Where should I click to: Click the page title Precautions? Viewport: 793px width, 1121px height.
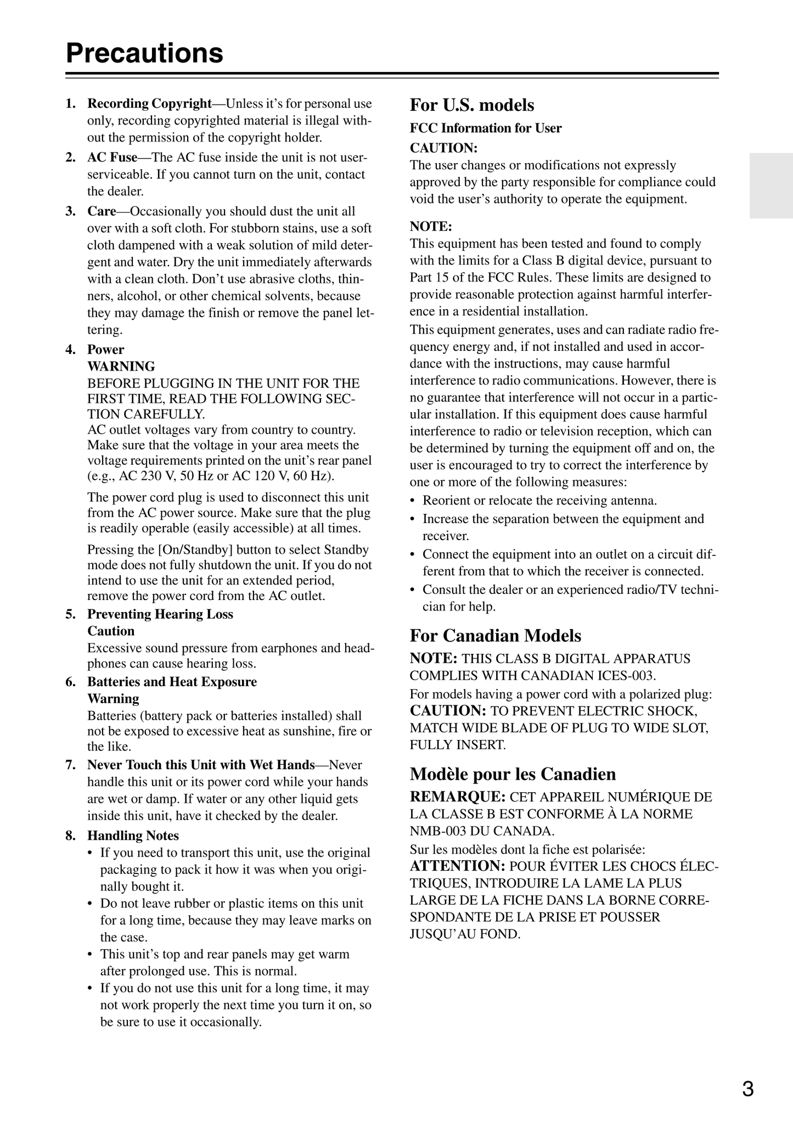pyautogui.click(x=144, y=53)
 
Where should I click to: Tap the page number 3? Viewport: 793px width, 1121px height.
pyautogui.click(x=747, y=1089)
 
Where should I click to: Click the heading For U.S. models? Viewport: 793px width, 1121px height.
pyautogui.click(x=471, y=105)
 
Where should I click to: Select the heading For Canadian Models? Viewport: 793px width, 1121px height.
pyautogui.click(x=495, y=635)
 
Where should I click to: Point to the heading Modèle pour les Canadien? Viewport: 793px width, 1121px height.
pyautogui.click(x=513, y=774)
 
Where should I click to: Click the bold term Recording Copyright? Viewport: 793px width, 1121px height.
pyautogui.click(x=149, y=104)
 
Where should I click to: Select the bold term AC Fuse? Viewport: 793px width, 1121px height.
pyautogui.click(x=112, y=158)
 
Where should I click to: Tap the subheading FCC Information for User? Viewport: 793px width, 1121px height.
pyautogui.click(x=485, y=128)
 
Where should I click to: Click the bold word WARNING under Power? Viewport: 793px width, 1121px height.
pyautogui.click(x=121, y=366)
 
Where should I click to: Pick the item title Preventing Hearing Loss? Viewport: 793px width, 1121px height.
pyautogui.click(x=160, y=614)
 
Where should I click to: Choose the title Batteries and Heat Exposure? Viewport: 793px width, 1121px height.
pyautogui.click(x=172, y=681)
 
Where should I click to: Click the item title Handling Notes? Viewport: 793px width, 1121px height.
pyautogui.click(x=133, y=836)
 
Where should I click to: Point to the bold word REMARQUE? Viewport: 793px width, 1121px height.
pyautogui.click(x=458, y=797)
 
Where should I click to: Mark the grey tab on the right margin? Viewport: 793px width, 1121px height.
pyautogui.click(x=771, y=186)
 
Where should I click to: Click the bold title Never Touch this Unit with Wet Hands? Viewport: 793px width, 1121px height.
pyautogui.click(x=201, y=765)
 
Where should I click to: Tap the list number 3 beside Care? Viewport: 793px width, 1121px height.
pyautogui.click(x=70, y=211)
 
